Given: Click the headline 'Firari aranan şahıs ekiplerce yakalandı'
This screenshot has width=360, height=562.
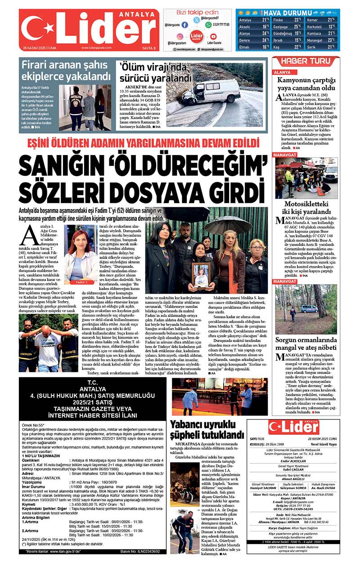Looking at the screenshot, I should pos(66,70).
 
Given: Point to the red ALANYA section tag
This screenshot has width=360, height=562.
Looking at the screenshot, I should pos(282,72).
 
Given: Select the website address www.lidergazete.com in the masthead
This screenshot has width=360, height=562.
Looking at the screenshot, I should pos(96,48).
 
